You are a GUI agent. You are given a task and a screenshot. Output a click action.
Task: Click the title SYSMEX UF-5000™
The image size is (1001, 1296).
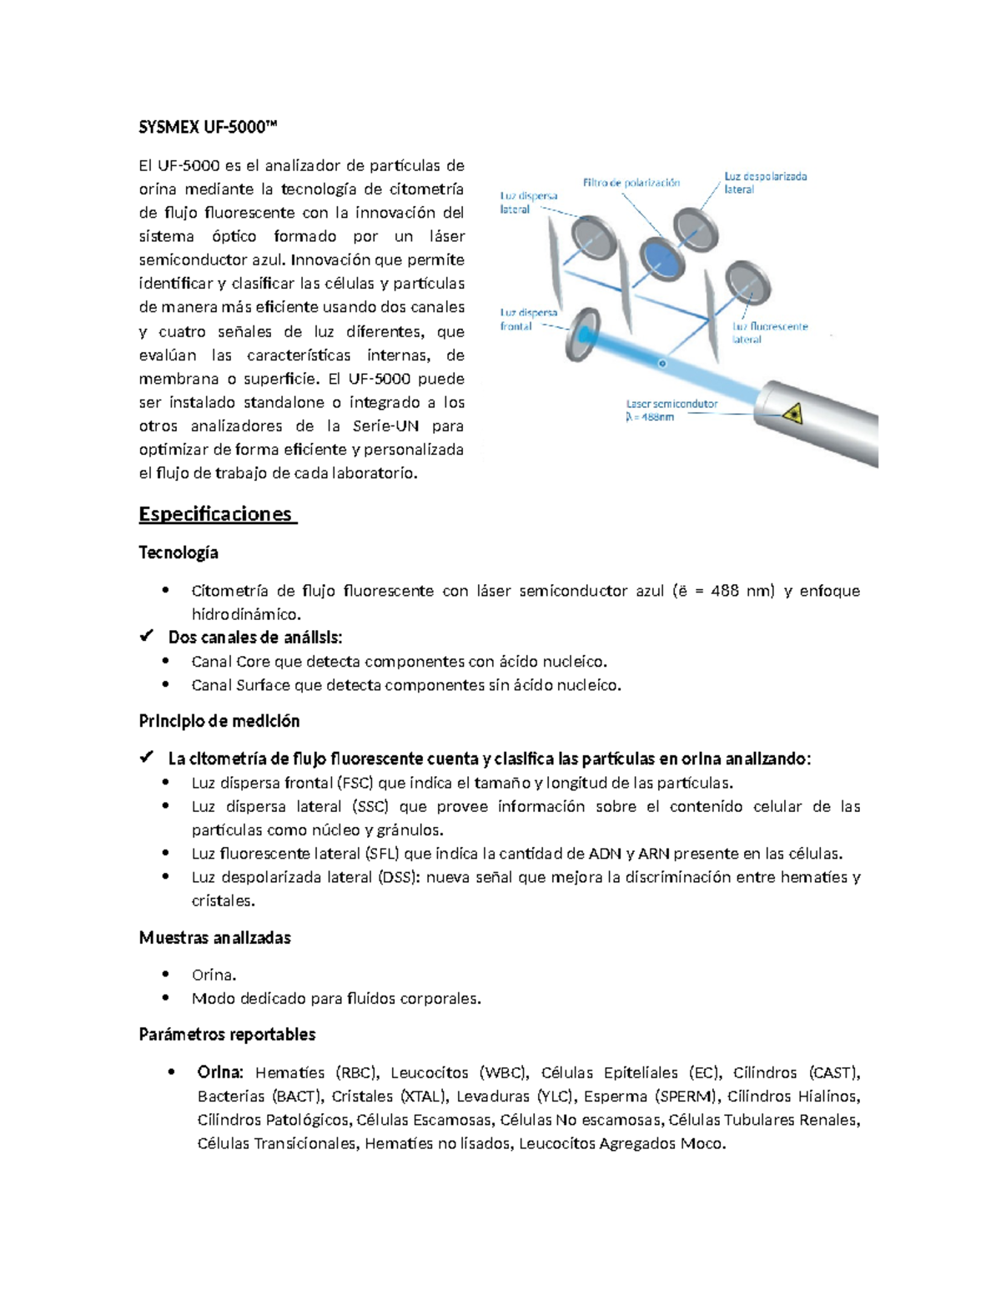pyautogui.click(x=207, y=127)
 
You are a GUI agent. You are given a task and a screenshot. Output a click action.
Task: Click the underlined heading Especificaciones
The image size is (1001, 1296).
pyautogui.click(x=216, y=514)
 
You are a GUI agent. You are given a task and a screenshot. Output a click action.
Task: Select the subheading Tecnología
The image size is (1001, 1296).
pyautogui.click(x=179, y=552)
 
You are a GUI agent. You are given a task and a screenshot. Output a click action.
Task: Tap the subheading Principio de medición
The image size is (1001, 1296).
pyautogui.click(x=219, y=721)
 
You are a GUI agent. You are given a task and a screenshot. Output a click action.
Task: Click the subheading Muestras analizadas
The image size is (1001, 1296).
pyautogui.click(x=214, y=938)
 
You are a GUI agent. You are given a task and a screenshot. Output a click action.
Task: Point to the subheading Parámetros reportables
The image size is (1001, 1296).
pyautogui.click(x=227, y=1035)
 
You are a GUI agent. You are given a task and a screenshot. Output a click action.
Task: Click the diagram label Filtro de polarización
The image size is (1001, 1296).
pyautogui.click(x=631, y=183)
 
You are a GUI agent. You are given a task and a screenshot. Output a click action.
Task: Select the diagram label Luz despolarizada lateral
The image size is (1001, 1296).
pyautogui.click(x=764, y=183)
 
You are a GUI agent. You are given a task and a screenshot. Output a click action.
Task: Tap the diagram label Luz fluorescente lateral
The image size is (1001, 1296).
pyautogui.click(x=769, y=333)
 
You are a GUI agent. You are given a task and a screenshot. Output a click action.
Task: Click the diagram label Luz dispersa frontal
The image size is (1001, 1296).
pyautogui.click(x=528, y=320)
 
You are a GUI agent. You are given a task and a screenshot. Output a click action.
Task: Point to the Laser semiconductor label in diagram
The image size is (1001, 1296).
pyautogui.click(x=672, y=410)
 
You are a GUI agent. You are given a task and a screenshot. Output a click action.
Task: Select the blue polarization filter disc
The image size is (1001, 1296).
pyautogui.click(x=661, y=256)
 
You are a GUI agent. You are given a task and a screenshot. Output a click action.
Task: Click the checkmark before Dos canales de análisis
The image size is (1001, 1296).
pyautogui.click(x=147, y=637)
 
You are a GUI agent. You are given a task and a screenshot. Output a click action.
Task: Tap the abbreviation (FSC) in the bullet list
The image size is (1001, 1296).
pyautogui.click(x=355, y=783)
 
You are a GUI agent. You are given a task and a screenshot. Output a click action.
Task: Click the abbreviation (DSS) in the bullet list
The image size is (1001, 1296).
pyautogui.click(x=399, y=877)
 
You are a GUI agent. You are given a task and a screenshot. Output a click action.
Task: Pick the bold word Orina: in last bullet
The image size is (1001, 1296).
pyautogui.click(x=220, y=1072)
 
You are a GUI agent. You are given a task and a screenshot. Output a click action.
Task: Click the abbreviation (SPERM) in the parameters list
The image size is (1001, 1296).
pyautogui.click(x=686, y=1097)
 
